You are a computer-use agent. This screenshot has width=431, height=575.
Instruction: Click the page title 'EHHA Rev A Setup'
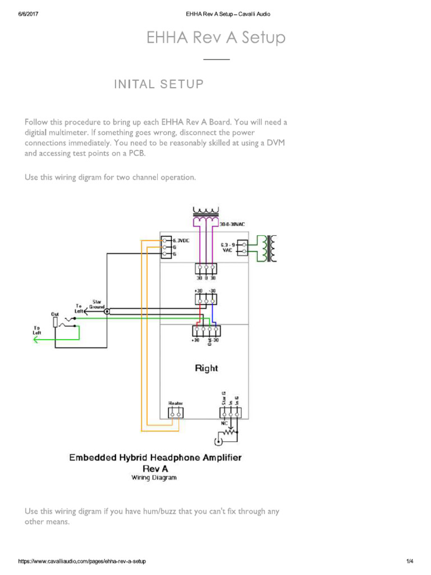(x=216, y=38)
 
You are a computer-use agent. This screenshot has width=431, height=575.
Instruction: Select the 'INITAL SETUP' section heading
(x=159, y=84)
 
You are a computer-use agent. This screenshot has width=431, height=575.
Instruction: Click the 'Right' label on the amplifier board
(x=207, y=368)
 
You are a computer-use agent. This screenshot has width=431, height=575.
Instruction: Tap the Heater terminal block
(x=176, y=413)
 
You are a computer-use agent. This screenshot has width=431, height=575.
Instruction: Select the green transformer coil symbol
(x=272, y=248)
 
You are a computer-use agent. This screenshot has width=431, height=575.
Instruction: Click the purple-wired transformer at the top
(x=206, y=213)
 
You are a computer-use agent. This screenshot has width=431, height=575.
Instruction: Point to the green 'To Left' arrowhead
(x=37, y=340)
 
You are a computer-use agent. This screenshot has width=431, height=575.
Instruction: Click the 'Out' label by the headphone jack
(x=55, y=314)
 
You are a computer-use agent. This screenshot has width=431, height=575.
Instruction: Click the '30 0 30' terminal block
(x=206, y=269)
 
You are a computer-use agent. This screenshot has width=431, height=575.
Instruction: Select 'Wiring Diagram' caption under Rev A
(x=154, y=478)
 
